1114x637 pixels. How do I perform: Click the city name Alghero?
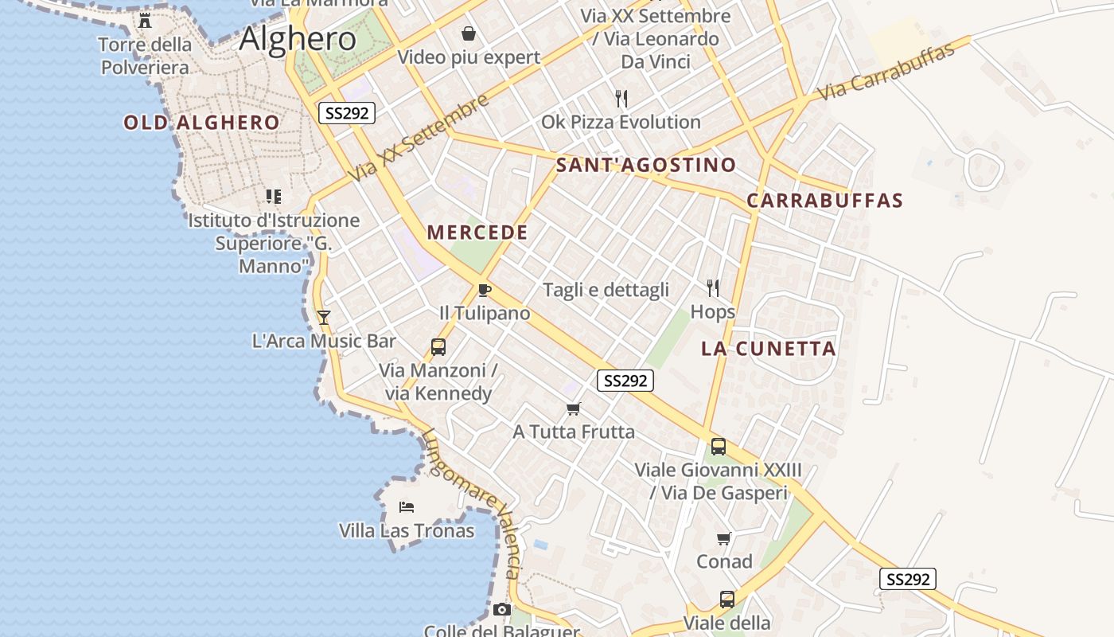tap(298, 38)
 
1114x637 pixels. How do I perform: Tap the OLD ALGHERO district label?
tap(201, 123)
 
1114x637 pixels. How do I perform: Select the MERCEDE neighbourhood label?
tap(477, 233)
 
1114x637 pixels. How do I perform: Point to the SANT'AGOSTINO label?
tap(646, 166)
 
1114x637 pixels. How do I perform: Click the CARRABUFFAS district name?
tap(825, 201)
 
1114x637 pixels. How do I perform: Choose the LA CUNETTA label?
tap(769, 349)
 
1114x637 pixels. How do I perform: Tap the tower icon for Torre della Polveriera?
tap(145, 20)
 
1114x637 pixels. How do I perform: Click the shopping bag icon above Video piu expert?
tap(469, 33)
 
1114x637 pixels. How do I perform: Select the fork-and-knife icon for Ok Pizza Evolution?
tap(621, 99)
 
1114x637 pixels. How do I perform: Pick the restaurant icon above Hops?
tap(713, 287)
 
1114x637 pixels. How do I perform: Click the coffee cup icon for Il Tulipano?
tap(485, 290)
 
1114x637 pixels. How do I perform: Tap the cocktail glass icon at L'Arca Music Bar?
tap(324, 318)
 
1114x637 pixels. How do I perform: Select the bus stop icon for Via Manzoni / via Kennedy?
tap(438, 347)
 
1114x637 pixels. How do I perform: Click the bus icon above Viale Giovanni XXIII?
tap(719, 447)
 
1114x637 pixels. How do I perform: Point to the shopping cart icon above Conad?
tap(724, 539)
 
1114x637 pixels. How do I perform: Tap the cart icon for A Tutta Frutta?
tap(574, 409)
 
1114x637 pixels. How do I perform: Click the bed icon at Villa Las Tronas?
tap(407, 507)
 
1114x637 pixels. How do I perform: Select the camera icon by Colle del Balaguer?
tap(501, 610)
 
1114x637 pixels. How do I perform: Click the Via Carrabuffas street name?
tap(886, 72)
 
